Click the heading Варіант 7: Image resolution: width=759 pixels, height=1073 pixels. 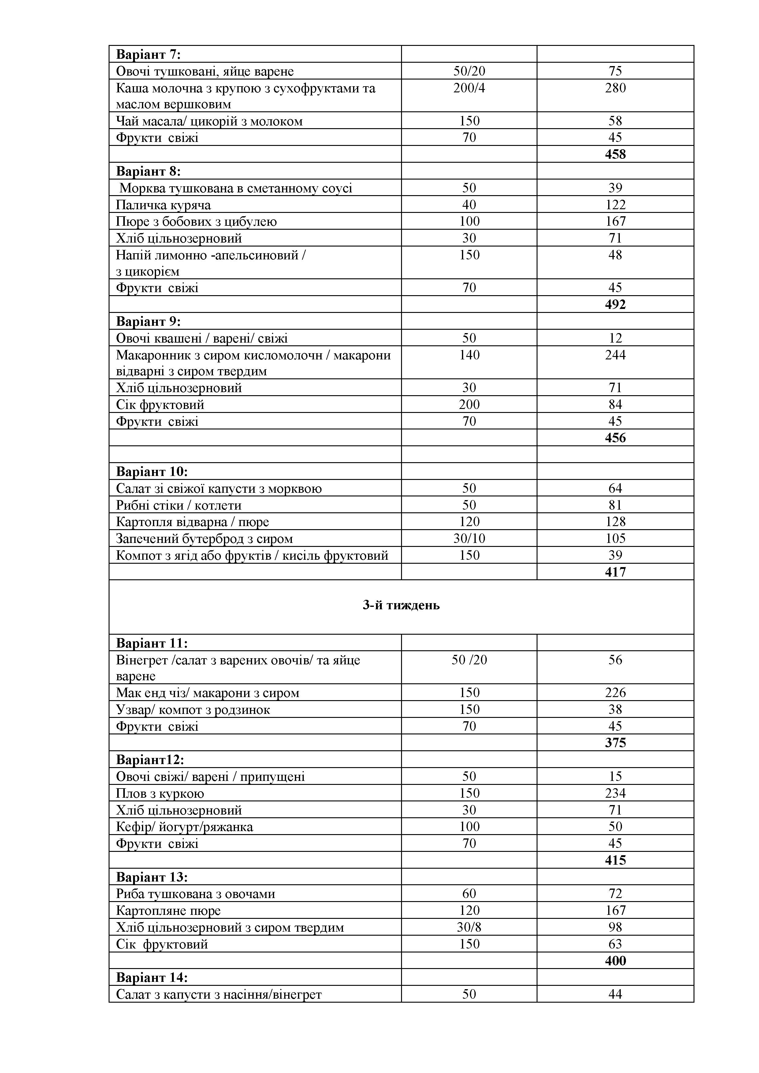pos(148,55)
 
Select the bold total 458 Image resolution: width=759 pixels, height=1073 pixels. pos(615,154)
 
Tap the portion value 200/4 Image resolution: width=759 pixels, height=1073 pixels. pos(469,88)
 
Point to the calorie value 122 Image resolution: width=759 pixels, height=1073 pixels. pos(615,205)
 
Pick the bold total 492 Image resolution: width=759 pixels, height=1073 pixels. pos(615,304)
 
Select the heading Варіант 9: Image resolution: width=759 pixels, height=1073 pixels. pos(148,321)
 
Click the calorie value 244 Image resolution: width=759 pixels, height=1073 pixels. pos(615,355)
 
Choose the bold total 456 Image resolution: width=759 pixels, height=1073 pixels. pos(615,438)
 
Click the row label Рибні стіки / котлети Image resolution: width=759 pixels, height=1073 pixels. pos(179,505)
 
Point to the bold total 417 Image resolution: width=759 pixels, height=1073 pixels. pos(615,572)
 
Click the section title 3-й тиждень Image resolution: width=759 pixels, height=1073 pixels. pos(401,605)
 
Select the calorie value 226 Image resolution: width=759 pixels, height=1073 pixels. pos(615,692)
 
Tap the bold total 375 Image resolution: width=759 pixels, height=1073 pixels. pos(615,743)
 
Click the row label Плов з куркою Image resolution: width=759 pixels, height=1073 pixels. pos(160,793)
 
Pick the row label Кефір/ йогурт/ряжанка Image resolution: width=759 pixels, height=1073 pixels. pos(184,827)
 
